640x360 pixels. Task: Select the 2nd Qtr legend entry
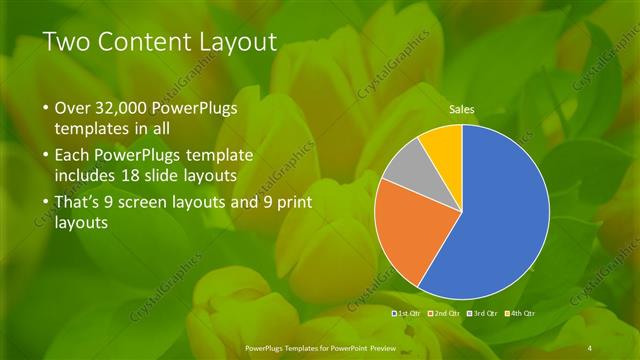446,314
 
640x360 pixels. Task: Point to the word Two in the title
69,42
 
